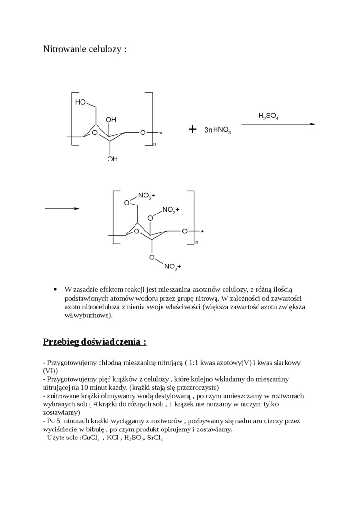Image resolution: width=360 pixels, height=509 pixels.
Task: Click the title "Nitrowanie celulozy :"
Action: (85, 49)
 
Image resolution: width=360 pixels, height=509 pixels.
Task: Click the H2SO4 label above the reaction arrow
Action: (268, 116)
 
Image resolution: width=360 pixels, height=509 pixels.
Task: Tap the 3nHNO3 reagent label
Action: (217, 130)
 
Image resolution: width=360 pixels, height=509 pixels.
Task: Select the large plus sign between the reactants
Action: (192, 129)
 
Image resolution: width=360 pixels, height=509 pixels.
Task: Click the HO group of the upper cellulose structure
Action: (80, 102)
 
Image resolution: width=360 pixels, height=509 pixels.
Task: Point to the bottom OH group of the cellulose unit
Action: (112, 159)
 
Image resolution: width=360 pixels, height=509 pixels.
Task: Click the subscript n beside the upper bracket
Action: (155, 144)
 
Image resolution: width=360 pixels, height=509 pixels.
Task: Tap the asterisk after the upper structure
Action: (161, 134)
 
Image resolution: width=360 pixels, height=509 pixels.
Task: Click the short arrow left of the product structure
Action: (62, 208)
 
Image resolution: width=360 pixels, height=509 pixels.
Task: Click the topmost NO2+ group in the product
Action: (146, 195)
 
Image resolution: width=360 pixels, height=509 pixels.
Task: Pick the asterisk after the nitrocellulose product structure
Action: (202, 232)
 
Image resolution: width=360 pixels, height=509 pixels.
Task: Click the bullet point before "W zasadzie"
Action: (56, 289)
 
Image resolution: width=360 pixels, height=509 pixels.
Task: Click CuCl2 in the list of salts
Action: (90, 438)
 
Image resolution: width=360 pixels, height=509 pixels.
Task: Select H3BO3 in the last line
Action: (134, 438)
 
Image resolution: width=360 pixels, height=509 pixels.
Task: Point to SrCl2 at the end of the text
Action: (155, 438)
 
